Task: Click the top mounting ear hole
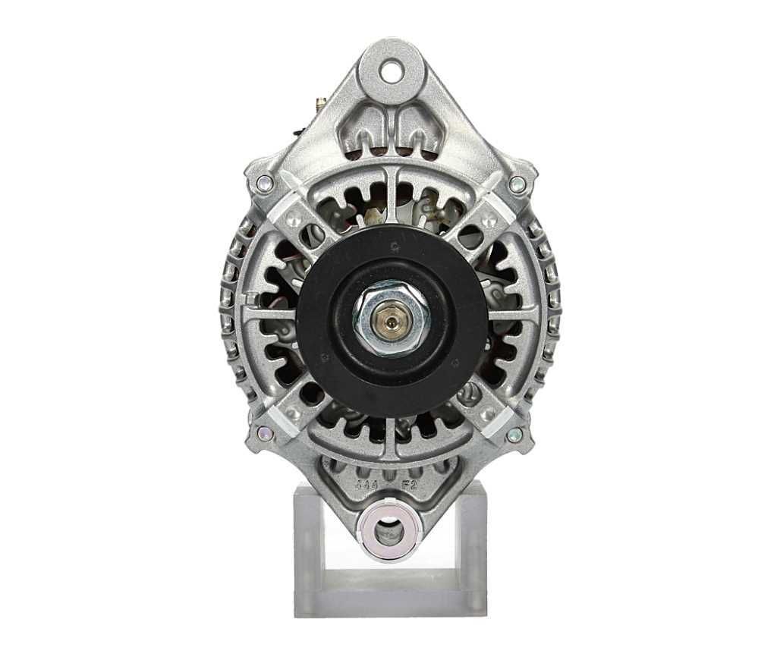click(392, 73)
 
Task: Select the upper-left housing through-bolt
click(264, 183)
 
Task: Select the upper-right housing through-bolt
click(517, 183)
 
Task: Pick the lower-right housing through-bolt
click(515, 435)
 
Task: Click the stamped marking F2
click(409, 484)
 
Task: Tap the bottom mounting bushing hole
click(389, 530)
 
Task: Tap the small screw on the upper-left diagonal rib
click(293, 221)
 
